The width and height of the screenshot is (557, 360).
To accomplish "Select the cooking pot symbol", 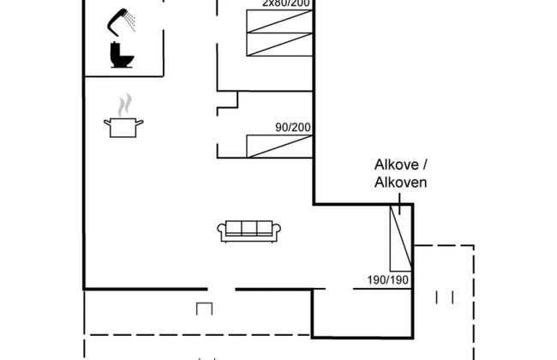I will coord(123,127).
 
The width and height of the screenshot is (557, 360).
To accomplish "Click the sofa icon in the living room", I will coord(249,230).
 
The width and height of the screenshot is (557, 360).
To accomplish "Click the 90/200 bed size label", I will coord(292,128).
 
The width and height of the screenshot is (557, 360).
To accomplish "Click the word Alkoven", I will coord(400,182).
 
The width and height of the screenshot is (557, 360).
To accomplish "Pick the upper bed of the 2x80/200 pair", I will coord(278,22).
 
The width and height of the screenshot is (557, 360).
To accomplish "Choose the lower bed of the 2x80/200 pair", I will coord(278,45).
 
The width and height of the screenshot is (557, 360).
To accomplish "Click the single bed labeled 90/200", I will coord(278,146).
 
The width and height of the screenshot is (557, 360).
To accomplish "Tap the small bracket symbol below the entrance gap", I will coord(204,308).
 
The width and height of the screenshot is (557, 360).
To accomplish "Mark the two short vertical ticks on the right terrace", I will coord(444,297).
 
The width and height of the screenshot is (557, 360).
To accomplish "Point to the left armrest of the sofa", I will coord(222,231).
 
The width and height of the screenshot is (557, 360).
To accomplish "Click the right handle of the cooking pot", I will coord(141,124).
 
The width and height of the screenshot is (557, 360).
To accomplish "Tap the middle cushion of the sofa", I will coord(249,229).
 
